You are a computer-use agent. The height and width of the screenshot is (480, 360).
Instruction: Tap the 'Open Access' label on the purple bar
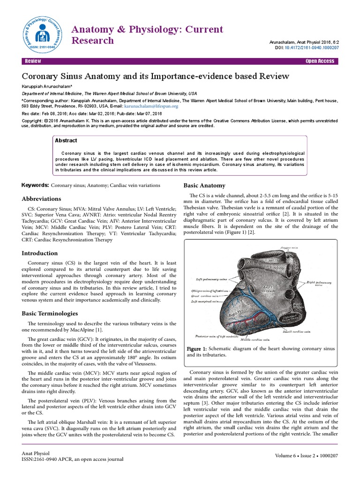[x=320, y=61]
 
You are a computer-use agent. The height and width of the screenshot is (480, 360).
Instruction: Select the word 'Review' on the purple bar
[x=33, y=61]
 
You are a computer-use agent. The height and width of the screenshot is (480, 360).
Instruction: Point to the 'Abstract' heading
[x=66, y=140]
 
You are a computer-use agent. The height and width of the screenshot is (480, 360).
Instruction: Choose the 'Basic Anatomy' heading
[x=204, y=185]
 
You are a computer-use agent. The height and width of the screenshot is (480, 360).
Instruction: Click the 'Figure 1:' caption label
[x=197, y=349]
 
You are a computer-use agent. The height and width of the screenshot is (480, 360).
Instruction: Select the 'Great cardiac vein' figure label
[x=205, y=296]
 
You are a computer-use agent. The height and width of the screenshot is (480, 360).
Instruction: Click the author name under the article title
[x=49, y=86]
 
